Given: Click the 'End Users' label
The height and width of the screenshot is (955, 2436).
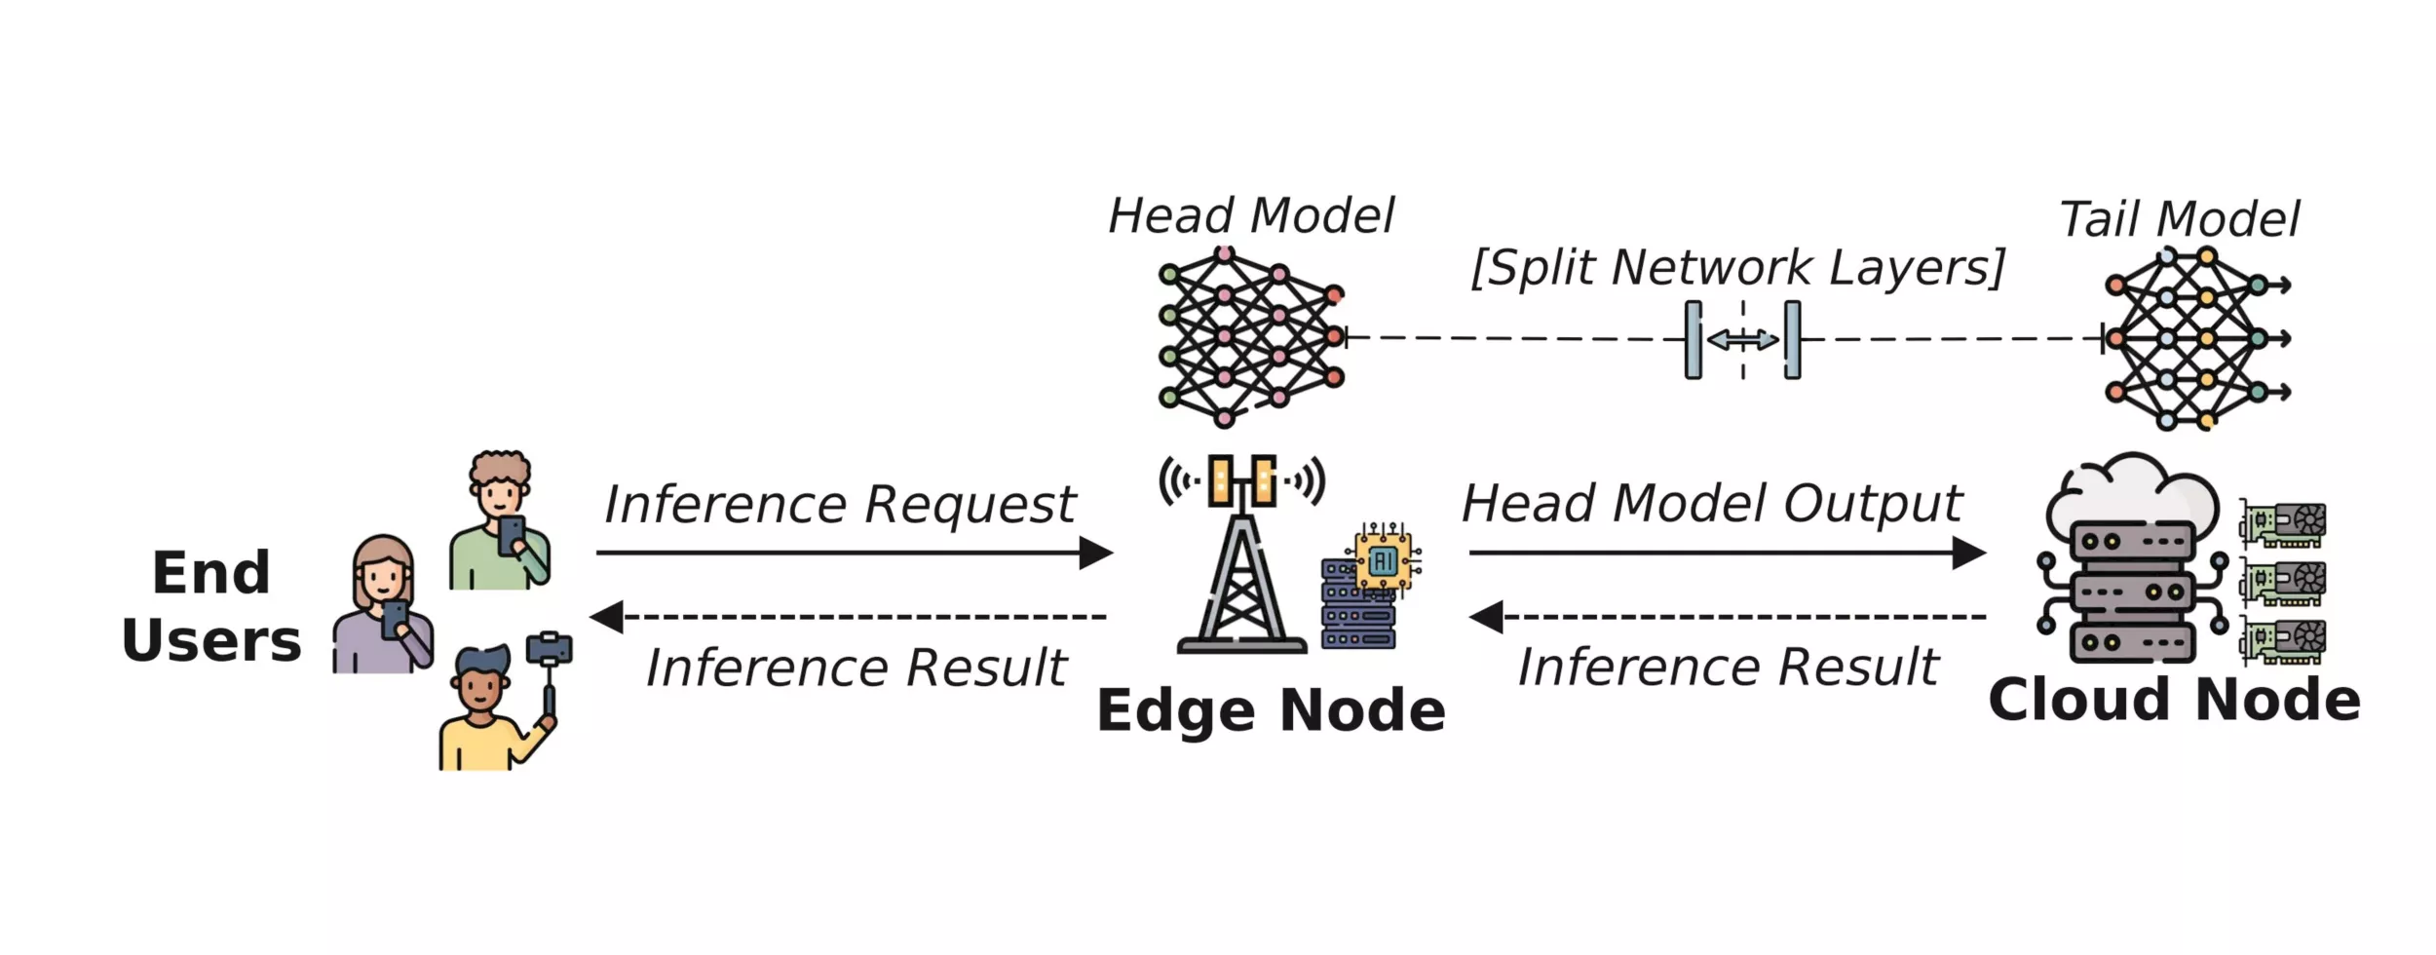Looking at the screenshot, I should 211,606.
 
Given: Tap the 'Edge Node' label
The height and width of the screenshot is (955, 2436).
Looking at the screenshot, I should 1271,710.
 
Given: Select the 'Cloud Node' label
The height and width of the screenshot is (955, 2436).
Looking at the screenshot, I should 2174,700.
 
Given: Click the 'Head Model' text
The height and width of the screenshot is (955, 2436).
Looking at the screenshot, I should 1251,215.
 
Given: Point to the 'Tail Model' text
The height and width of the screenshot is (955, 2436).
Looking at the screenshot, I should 2179,219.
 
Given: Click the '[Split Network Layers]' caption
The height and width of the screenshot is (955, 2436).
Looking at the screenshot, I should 1737,267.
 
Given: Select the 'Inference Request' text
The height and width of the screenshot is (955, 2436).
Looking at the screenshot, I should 839,505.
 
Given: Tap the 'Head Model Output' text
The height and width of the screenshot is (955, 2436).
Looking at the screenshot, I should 1711,504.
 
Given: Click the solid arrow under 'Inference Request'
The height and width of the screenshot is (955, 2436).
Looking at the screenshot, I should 854,553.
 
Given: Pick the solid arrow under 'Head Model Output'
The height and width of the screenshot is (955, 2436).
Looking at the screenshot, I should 1727,553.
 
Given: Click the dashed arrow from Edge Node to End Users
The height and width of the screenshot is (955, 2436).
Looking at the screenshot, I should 848,617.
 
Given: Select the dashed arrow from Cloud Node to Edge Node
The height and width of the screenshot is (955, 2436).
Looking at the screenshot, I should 1727,617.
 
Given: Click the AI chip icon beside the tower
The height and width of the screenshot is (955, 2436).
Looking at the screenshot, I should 1384,559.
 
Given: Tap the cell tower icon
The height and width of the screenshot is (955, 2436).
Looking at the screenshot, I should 1241,555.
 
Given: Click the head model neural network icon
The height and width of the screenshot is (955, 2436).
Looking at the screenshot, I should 1251,337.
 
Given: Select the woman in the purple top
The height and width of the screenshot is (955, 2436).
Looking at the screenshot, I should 383,606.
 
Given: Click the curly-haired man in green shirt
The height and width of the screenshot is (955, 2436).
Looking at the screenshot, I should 500,521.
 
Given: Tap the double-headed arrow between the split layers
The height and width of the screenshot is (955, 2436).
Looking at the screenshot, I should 1742,340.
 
